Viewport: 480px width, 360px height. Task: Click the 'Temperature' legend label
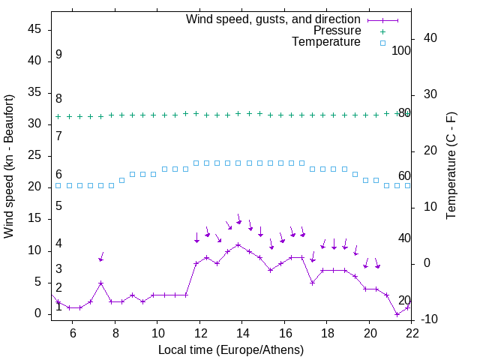point(326,42)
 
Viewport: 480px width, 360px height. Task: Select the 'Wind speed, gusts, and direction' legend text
point(274,19)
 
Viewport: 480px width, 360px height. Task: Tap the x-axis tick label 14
point(242,332)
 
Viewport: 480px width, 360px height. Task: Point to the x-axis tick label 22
point(411,332)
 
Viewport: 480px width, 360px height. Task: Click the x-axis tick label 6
point(73,332)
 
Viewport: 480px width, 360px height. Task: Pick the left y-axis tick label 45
point(34,29)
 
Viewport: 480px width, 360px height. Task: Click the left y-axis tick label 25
point(34,155)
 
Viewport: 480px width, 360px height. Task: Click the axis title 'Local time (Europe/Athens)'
point(232,349)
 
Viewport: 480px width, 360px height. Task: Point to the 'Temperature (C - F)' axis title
point(451,166)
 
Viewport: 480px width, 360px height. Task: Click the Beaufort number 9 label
point(58,55)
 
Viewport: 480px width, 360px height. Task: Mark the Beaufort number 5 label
point(58,205)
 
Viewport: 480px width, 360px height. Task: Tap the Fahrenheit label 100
point(402,50)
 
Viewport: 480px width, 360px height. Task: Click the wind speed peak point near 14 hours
point(238,244)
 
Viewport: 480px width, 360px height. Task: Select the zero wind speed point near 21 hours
point(397,314)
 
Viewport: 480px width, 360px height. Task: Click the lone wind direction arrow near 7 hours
point(100,257)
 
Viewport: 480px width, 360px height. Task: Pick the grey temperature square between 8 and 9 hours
point(121,180)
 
